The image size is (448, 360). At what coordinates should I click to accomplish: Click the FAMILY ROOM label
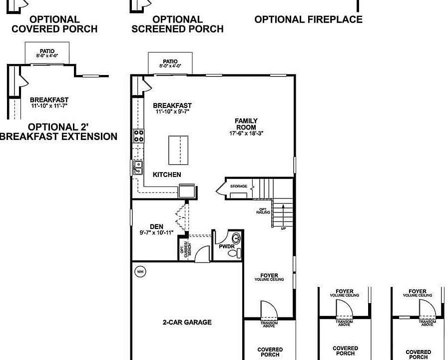[246, 124]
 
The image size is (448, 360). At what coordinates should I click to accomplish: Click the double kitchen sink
[137, 167]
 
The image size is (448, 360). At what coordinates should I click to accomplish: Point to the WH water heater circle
[140, 271]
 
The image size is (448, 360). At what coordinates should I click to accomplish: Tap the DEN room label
[156, 226]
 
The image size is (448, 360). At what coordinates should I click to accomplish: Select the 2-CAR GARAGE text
[187, 322]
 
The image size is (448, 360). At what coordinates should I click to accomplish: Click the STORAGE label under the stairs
[238, 186]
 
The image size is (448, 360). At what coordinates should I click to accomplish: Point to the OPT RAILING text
[263, 211]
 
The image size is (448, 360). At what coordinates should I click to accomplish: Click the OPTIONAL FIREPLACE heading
[308, 20]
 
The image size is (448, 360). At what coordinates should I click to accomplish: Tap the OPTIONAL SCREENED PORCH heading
[177, 24]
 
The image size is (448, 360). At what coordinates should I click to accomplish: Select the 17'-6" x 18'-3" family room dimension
[246, 133]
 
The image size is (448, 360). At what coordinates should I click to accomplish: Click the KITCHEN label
[167, 174]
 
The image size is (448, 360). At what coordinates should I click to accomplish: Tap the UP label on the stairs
[284, 228]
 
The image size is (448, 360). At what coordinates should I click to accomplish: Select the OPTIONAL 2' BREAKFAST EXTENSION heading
[58, 131]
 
